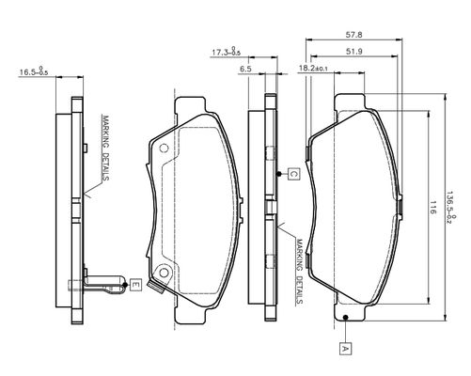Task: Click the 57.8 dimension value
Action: tap(353, 35)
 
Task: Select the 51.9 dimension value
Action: tap(354, 52)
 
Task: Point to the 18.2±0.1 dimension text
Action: tap(313, 68)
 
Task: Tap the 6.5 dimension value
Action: tap(245, 69)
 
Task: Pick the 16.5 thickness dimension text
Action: tap(34, 71)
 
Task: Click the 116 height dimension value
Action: tap(432, 208)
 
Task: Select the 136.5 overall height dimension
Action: tap(451, 208)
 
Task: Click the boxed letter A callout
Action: tap(345, 349)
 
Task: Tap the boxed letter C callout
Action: tap(293, 174)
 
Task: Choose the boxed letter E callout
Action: tap(135, 285)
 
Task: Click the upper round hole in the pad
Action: tap(164, 148)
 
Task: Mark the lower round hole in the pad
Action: tap(164, 273)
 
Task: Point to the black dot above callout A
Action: tap(345, 318)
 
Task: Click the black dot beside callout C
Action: tap(279, 174)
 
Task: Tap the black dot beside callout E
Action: tap(125, 285)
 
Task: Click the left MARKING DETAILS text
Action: tap(105, 148)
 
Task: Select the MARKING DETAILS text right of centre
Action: tap(300, 272)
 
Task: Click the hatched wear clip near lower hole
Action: tap(156, 288)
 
